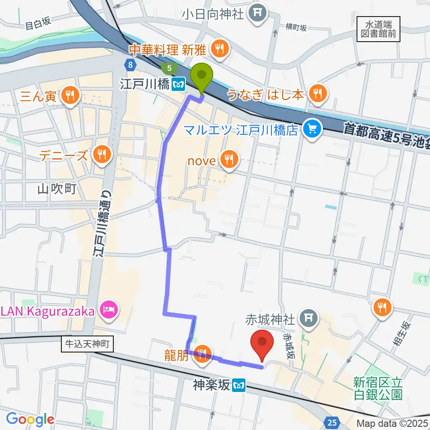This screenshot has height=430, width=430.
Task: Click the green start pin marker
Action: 202,74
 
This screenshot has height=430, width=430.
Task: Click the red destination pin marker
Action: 263,342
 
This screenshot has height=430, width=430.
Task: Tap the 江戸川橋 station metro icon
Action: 178,83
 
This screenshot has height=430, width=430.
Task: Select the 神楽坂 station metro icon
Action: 241,384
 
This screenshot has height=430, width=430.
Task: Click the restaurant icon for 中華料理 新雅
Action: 219,49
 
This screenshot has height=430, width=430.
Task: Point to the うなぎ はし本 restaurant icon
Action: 318,93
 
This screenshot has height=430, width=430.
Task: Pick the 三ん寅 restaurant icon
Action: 70,95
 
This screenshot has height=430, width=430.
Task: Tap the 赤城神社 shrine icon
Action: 308,318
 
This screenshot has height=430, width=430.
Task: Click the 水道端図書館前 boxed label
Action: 378,29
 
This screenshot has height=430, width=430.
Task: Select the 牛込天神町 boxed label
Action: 88,344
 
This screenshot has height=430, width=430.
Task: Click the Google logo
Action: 30,419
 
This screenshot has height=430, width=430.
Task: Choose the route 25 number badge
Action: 331,422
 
